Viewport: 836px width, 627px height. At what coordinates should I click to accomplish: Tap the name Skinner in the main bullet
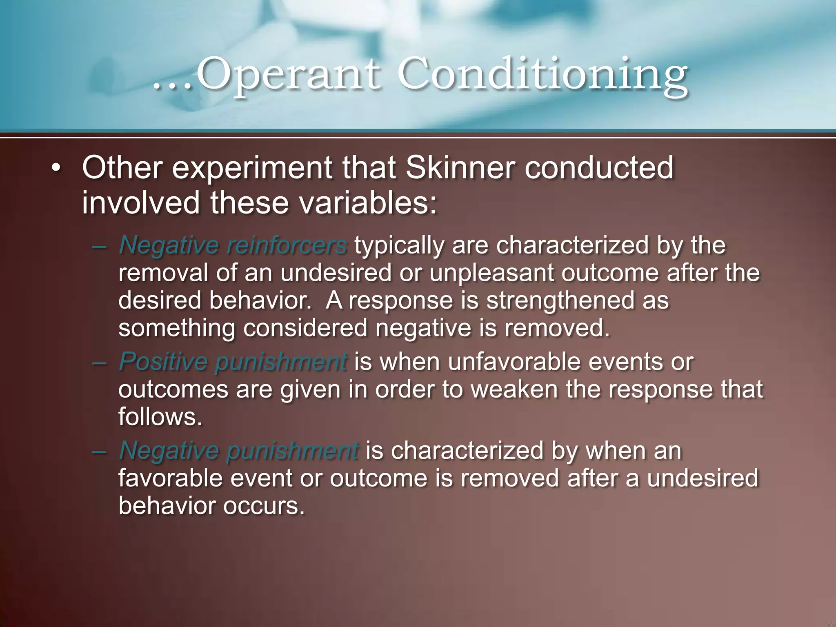pos(460,168)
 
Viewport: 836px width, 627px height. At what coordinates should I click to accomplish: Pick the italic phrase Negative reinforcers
pos(233,245)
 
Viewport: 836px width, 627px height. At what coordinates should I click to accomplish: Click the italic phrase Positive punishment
pos(233,362)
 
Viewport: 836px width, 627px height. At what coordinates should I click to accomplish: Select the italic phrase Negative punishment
pos(239,451)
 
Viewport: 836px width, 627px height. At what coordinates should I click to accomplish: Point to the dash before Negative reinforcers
pos(99,247)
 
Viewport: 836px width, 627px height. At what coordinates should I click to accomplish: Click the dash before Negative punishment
pos(99,452)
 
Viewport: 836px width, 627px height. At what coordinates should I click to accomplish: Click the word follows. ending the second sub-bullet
pos(160,417)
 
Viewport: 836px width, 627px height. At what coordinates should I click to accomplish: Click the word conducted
pos(599,168)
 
